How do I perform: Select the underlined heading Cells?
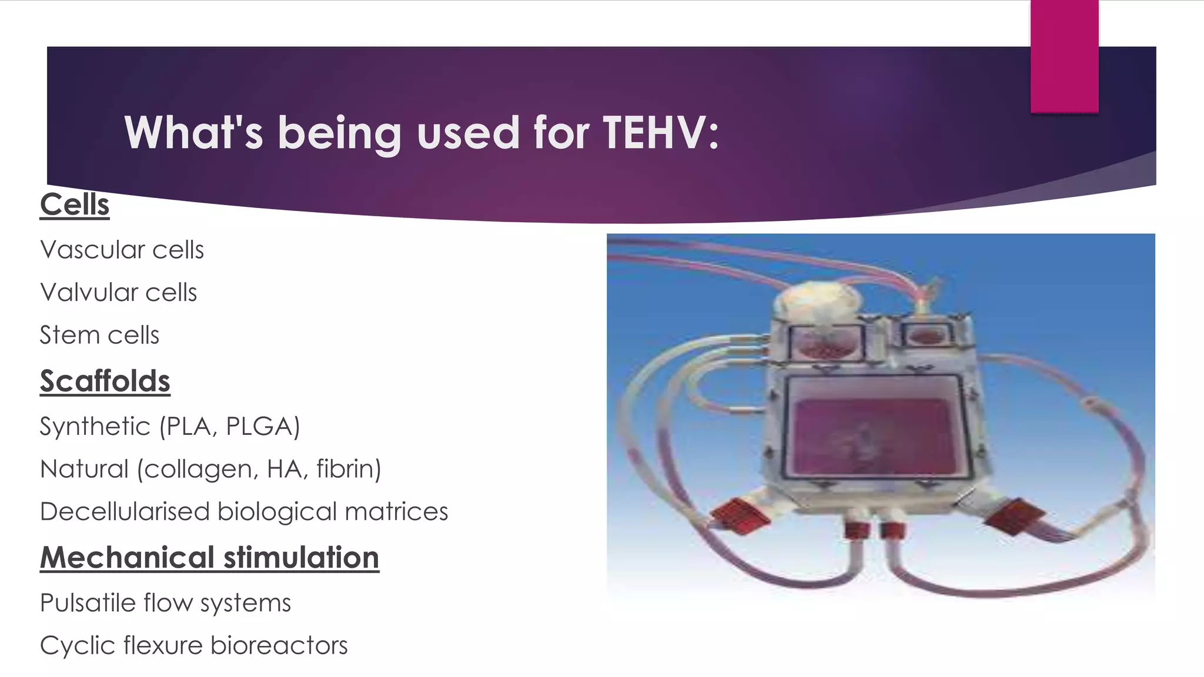[75, 205]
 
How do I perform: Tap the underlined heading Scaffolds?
[105, 381]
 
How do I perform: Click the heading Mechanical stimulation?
[209, 558]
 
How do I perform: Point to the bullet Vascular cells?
[122, 250]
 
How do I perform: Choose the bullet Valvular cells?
[118, 293]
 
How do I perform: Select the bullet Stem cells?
[99, 336]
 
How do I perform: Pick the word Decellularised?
[125, 512]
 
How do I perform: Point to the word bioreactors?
[279, 645]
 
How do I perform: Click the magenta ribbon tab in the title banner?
[1064, 56]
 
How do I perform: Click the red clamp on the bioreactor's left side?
[740, 518]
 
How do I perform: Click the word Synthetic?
[95, 427]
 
